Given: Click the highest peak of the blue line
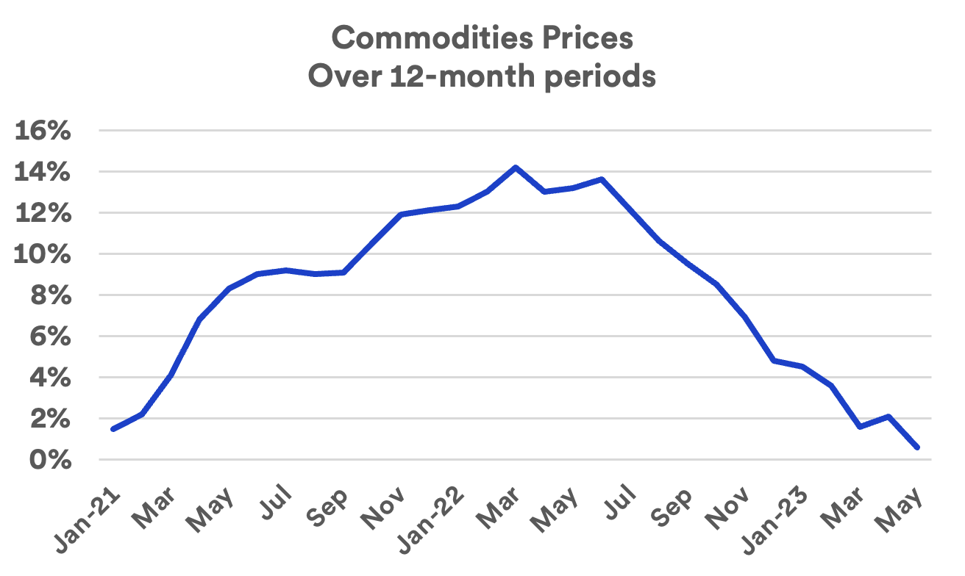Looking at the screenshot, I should coord(515,168).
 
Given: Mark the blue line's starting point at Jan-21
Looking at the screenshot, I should coord(113,429).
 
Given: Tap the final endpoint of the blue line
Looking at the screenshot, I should coord(917,447).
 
